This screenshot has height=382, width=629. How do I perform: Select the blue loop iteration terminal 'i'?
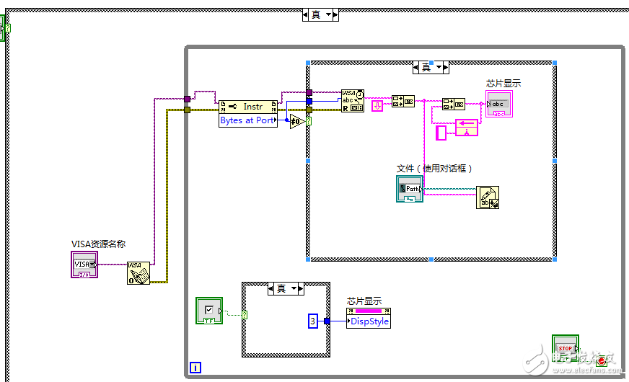point(195,368)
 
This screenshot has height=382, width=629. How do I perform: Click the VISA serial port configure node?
point(139,273)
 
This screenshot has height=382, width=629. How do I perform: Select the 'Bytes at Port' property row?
point(247,120)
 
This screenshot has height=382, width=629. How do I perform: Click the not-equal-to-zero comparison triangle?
point(296,122)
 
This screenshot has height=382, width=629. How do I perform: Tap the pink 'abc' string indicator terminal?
point(499,104)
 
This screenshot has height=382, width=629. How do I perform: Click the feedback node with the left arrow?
point(467,128)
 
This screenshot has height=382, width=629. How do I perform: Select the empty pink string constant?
point(442,133)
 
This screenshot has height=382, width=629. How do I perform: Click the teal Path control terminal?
point(410,188)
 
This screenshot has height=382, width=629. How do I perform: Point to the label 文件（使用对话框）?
point(434,168)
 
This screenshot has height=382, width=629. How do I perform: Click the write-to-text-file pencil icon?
point(488,197)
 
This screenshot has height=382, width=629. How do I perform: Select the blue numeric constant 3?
point(313,321)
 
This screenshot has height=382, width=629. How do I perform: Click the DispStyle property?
point(369,321)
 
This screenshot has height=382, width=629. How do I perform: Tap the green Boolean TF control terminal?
point(209,310)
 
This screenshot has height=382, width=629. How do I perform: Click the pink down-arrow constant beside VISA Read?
point(377,106)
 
